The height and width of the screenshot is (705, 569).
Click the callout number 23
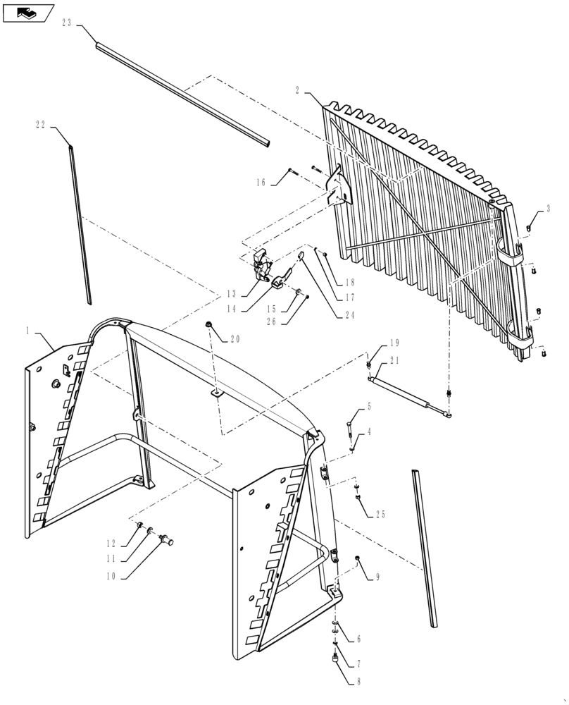click(66, 23)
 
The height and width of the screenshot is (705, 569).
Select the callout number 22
click(40, 124)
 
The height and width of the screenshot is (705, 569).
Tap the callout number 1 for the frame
click(28, 330)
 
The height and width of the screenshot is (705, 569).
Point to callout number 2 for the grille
click(298, 90)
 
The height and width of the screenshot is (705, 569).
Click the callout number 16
click(261, 182)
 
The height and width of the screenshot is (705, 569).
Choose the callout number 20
click(235, 338)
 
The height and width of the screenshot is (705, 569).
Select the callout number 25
click(380, 515)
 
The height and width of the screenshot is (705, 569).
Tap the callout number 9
click(377, 577)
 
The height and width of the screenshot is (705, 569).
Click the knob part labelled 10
click(168, 541)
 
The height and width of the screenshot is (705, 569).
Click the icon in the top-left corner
click(27, 12)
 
